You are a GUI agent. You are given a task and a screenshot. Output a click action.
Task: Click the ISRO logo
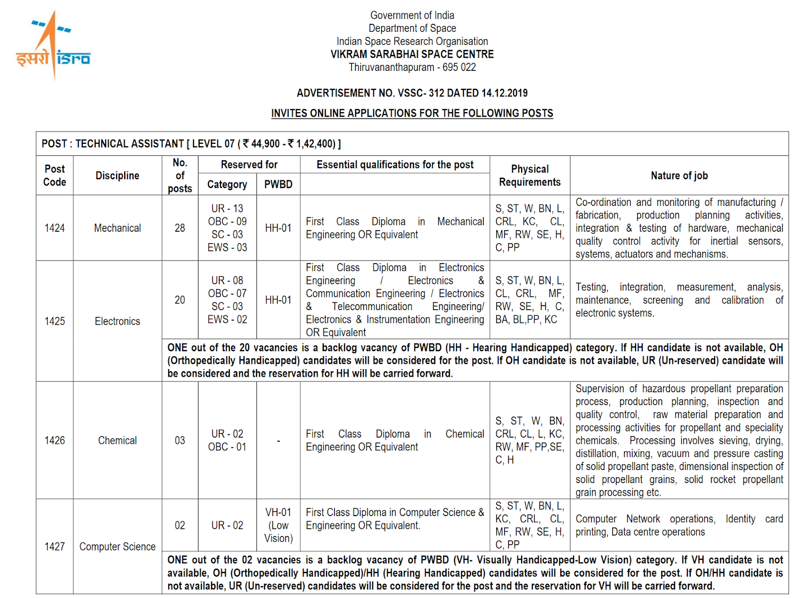(x=53, y=46)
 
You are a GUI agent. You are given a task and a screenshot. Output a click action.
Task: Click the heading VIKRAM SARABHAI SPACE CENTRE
(x=412, y=54)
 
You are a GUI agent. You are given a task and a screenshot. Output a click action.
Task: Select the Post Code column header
(x=55, y=175)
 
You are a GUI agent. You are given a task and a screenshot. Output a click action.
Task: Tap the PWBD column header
(x=278, y=184)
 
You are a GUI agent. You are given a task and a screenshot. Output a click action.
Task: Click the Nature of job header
(x=679, y=175)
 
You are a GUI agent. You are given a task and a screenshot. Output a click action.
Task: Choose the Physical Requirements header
(x=529, y=175)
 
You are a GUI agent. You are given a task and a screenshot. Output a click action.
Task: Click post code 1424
(x=55, y=228)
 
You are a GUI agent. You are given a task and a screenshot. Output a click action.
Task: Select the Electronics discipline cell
(x=117, y=321)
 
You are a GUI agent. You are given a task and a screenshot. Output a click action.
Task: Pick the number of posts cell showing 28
(x=180, y=228)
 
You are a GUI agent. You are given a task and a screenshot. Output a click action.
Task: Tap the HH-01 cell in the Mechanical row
(x=278, y=228)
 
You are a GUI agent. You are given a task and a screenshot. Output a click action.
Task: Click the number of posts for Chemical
(x=180, y=440)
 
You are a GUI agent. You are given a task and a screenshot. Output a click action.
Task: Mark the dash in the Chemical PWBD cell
(x=278, y=440)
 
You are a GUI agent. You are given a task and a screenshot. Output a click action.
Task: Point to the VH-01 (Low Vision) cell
(x=278, y=525)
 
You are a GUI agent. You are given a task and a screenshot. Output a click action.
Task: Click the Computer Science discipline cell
(x=117, y=546)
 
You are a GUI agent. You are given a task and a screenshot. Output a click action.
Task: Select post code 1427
(x=55, y=546)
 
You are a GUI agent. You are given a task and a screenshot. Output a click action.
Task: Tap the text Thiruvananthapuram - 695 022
(x=412, y=67)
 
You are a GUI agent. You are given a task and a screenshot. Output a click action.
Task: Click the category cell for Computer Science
(x=227, y=525)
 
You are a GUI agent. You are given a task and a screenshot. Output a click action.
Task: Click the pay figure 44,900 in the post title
(x=265, y=144)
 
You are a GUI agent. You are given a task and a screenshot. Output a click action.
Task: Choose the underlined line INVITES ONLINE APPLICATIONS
(x=412, y=113)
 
